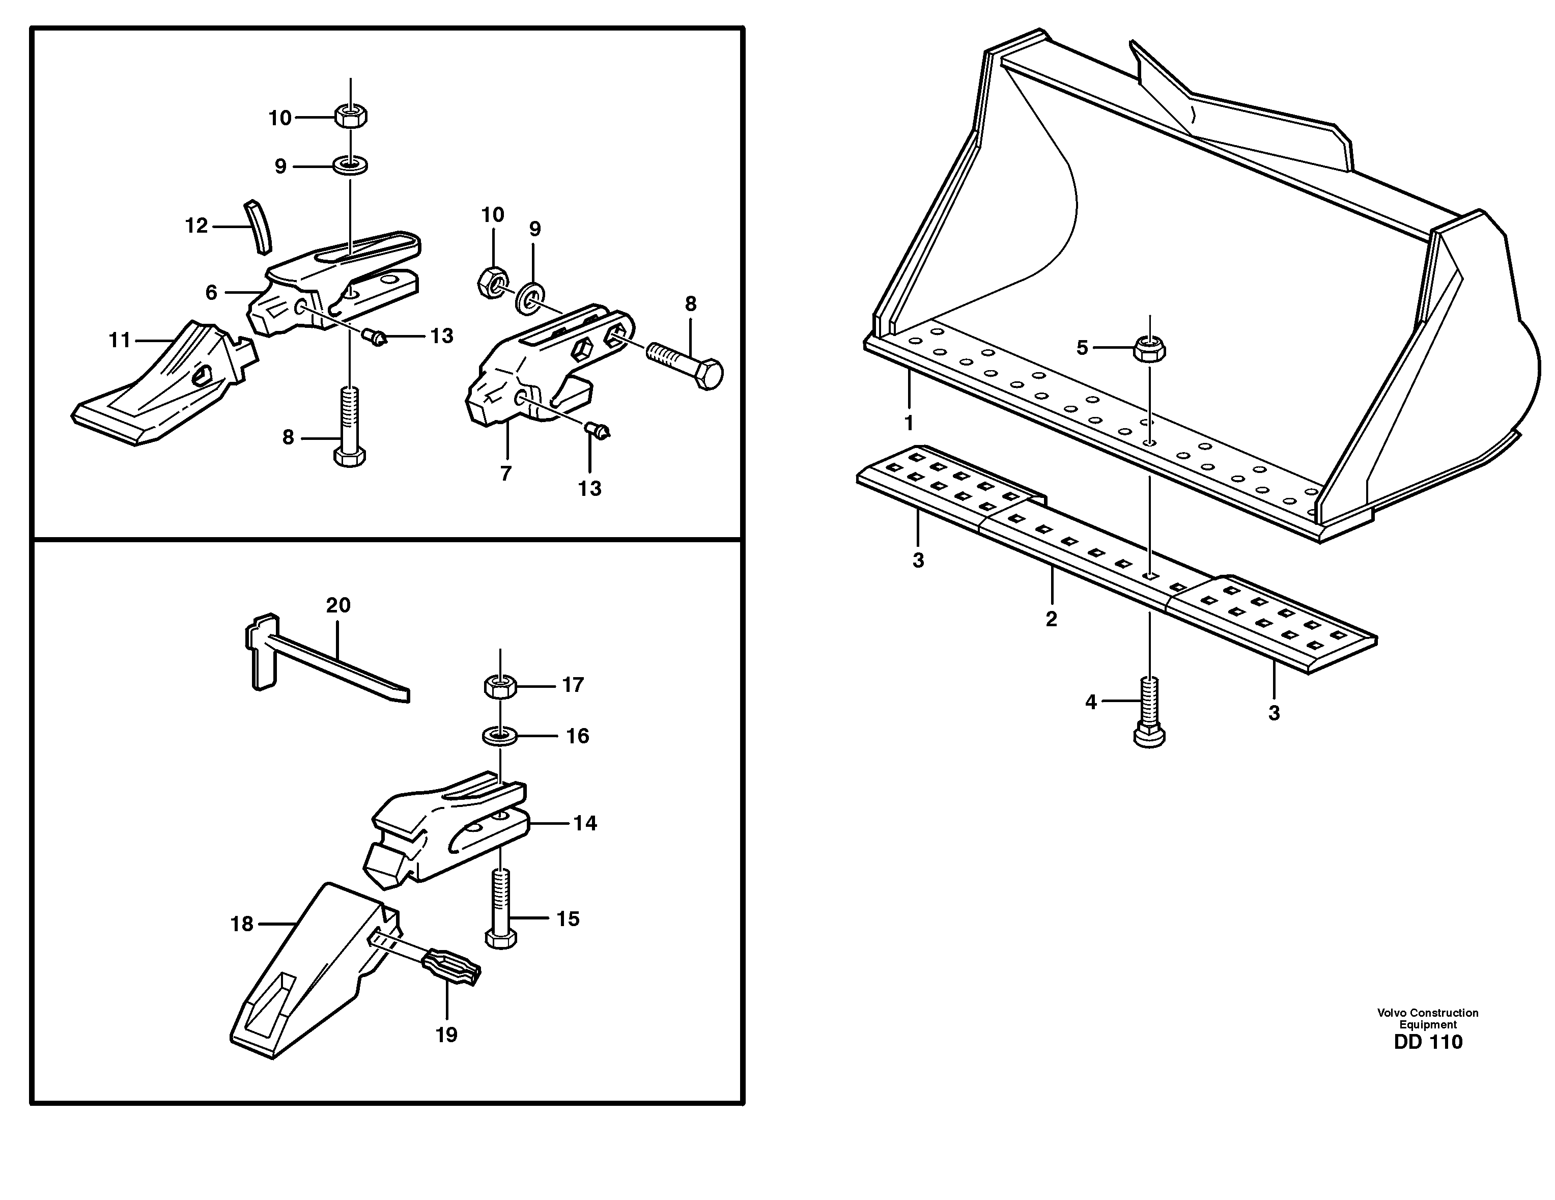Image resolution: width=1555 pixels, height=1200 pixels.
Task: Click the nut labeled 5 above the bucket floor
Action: coord(1148,349)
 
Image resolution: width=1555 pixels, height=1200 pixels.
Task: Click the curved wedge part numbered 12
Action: coord(257,227)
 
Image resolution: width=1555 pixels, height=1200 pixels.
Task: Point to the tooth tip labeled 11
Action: coord(164,388)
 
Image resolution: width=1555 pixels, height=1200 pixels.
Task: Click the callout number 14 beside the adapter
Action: coord(585,823)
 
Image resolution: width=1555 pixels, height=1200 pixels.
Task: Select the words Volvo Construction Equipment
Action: coord(1428,1018)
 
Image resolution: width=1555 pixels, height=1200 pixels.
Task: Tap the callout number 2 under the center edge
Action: coord(1052,619)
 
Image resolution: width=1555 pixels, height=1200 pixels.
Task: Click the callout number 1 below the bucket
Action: coord(909,423)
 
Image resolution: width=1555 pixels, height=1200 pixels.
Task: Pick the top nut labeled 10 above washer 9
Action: coord(350,116)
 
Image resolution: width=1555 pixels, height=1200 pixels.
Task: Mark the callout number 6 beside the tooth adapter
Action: coord(211,293)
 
